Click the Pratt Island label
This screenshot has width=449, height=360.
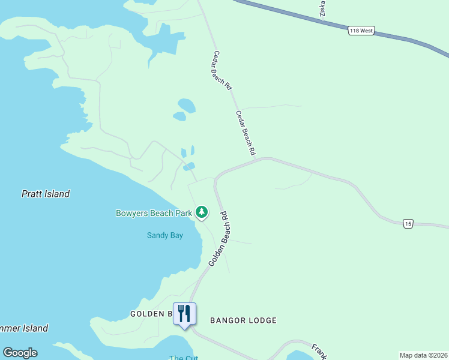(x=46, y=194)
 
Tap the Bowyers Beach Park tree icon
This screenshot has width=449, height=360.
(x=202, y=212)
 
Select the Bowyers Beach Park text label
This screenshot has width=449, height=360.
(x=154, y=213)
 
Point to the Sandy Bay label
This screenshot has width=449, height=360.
(x=165, y=235)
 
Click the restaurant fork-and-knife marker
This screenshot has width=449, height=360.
(x=184, y=314)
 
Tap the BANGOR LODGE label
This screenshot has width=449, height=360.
(x=243, y=320)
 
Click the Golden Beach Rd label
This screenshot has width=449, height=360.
(x=219, y=239)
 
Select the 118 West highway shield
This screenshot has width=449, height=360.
(x=361, y=31)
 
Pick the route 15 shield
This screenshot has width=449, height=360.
(x=408, y=224)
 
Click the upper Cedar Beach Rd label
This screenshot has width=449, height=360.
(x=221, y=70)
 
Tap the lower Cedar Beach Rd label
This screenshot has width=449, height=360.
(x=246, y=133)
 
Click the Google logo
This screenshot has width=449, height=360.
(x=20, y=353)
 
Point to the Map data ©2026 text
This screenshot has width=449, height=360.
(x=423, y=355)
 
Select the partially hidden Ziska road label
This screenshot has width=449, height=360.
(x=322, y=8)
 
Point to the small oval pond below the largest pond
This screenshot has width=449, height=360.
(x=179, y=116)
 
